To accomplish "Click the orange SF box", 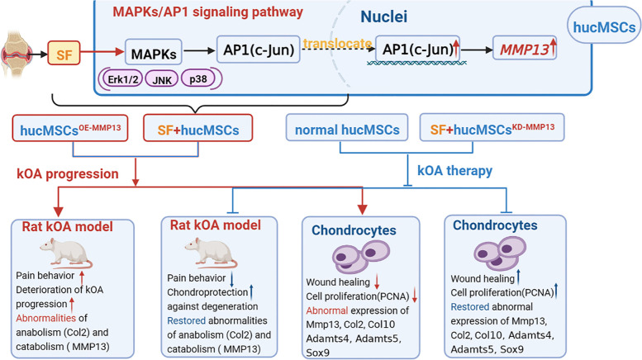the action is tap(64, 53).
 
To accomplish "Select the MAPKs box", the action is tap(154, 52).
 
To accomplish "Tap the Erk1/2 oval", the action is tap(123, 79).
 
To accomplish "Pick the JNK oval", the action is tap(162, 79).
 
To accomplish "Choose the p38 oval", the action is tap(198, 78).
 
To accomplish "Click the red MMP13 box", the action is tap(525, 48).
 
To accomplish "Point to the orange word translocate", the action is tap(338, 43).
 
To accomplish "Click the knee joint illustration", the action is tap(17, 53).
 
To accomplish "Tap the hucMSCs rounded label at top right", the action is tap(603, 27).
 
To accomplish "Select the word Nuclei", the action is tap(383, 17).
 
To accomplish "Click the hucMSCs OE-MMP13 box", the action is tap(70, 129).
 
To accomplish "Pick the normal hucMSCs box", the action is tap(347, 128).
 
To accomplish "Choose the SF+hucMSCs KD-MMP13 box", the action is tap(492, 128).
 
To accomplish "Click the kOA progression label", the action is tap(68, 174).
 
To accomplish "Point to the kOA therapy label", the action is tap(455, 171).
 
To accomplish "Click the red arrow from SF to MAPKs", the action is tap(102, 52).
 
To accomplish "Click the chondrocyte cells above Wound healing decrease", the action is tap(360, 257).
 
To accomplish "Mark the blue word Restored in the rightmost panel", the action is tap(470, 307).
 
